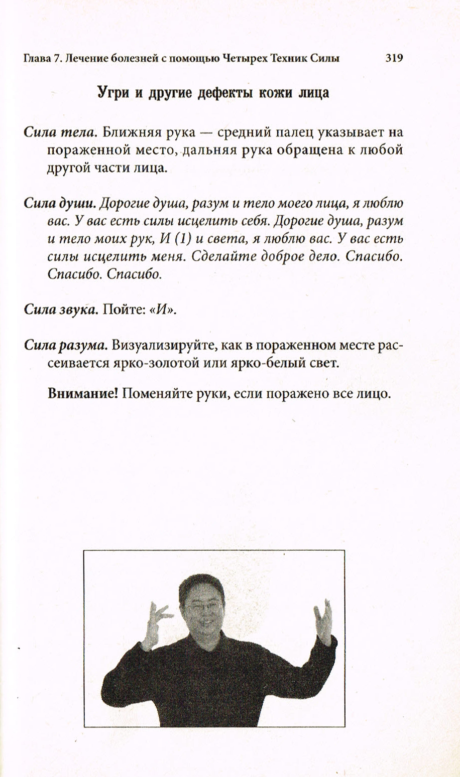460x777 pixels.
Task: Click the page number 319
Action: [x=394, y=58]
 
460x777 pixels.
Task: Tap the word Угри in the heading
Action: [x=113, y=93]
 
